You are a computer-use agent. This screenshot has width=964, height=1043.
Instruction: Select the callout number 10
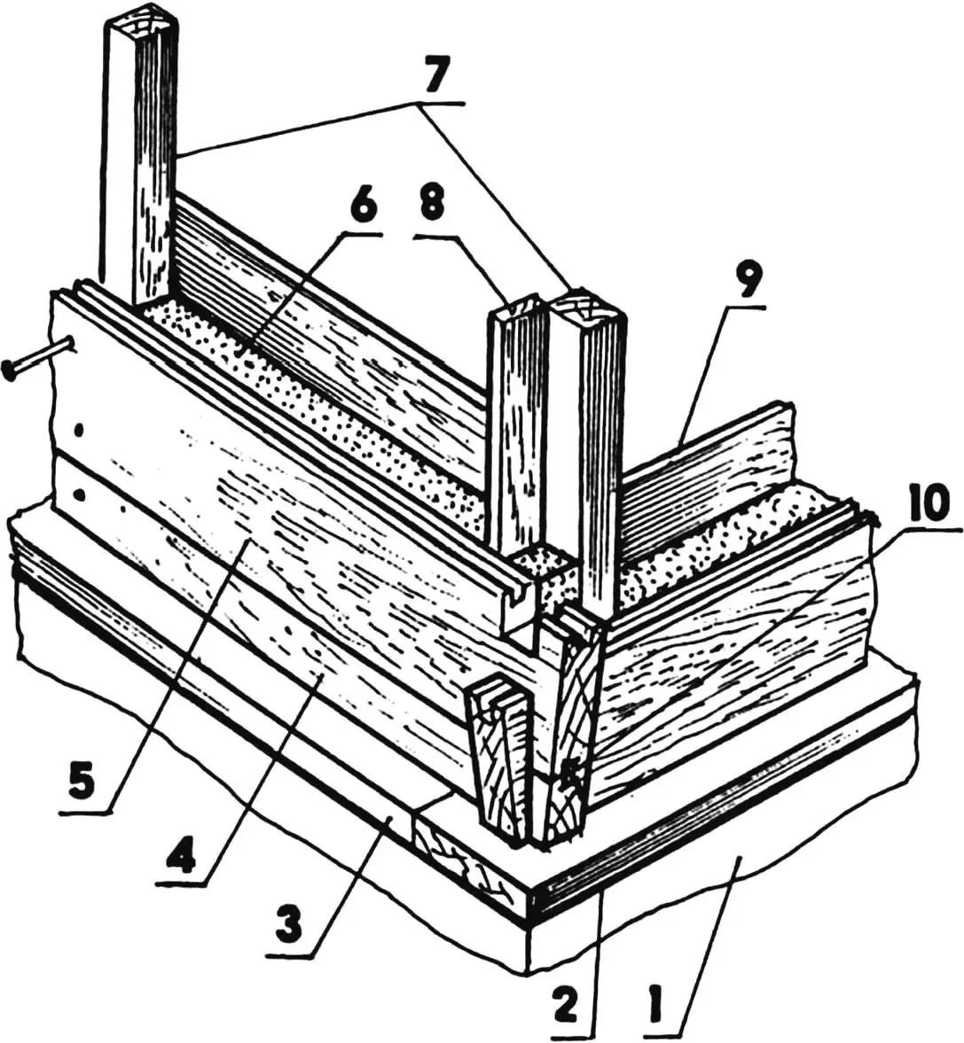[928, 504]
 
